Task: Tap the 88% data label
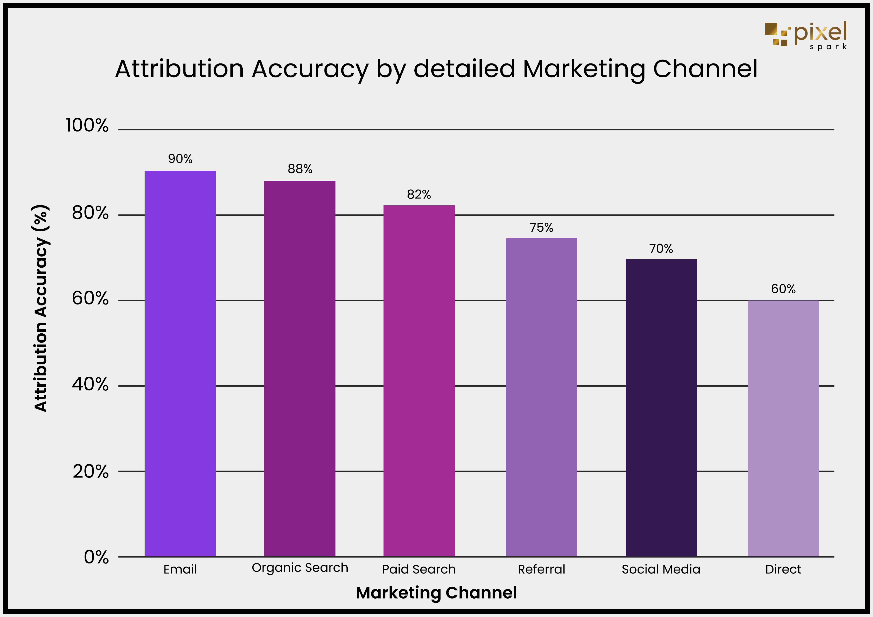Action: (x=300, y=169)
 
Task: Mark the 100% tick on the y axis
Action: (x=87, y=125)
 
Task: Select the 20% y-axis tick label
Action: (x=91, y=471)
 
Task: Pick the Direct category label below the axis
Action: (x=783, y=569)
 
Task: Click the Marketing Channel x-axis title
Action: (x=436, y=593)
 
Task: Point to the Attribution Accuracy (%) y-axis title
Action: (x=41, y=308)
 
